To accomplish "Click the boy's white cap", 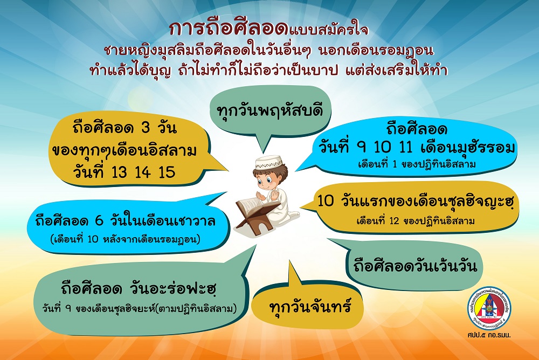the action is click(269, 162).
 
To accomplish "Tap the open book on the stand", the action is click(253, 206).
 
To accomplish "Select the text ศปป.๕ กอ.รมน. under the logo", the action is click(489, 335).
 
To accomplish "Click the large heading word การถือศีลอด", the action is click(229, 29).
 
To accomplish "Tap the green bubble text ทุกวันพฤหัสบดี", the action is click(270, 111).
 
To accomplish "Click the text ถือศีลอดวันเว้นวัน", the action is click(415, 266).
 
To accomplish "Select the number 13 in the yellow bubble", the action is click(119, 172).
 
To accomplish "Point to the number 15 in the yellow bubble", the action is click(167, 172).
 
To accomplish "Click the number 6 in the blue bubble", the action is click(99, 221).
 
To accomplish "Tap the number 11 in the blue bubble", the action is click(406, 148).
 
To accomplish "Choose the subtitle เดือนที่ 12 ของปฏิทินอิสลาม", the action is click(415, 221).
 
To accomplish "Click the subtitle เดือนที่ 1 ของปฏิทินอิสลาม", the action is click(417, 164).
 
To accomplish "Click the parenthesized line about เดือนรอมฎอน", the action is click(126, 239).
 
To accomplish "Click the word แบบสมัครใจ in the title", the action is click(329, 30).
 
